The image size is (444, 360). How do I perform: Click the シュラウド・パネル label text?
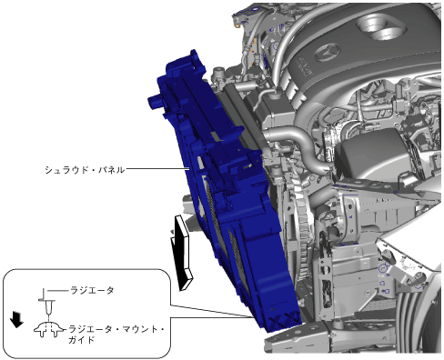(85, 170)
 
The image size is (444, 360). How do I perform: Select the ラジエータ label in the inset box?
(92, 290)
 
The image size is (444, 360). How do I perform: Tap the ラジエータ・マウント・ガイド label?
(116, 335)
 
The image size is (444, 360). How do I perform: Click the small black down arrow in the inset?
(16, 319)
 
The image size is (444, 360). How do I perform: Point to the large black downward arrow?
(181, 252)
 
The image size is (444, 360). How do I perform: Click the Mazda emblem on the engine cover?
(328, 52)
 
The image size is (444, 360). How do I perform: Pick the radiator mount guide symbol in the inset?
(49, 330)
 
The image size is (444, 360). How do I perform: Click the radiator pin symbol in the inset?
(47, 306)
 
